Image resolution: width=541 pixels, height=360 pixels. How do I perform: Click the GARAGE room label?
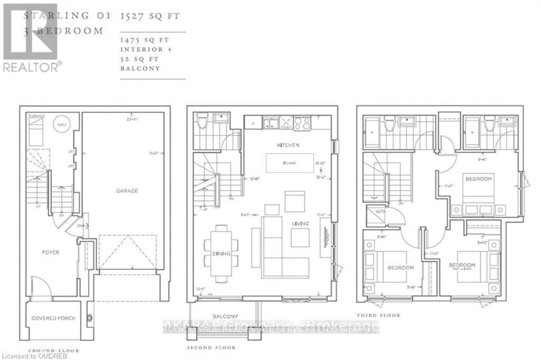[127, 191]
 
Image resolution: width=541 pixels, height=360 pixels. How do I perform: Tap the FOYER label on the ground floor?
[51, 252]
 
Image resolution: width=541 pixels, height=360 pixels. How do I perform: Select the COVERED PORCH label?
[53, 318]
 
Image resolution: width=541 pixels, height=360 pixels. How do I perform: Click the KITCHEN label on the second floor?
[288, 145]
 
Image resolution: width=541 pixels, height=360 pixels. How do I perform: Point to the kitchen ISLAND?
[288, 163]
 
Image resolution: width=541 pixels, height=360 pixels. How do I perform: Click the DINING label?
[221, 254]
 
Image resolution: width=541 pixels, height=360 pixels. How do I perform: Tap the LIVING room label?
[301, 224]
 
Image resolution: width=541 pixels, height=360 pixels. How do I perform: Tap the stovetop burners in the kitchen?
[302, 124]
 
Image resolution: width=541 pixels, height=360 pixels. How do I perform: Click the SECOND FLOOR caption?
[211, 348]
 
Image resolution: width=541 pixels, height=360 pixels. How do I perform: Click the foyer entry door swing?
[41, 286]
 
